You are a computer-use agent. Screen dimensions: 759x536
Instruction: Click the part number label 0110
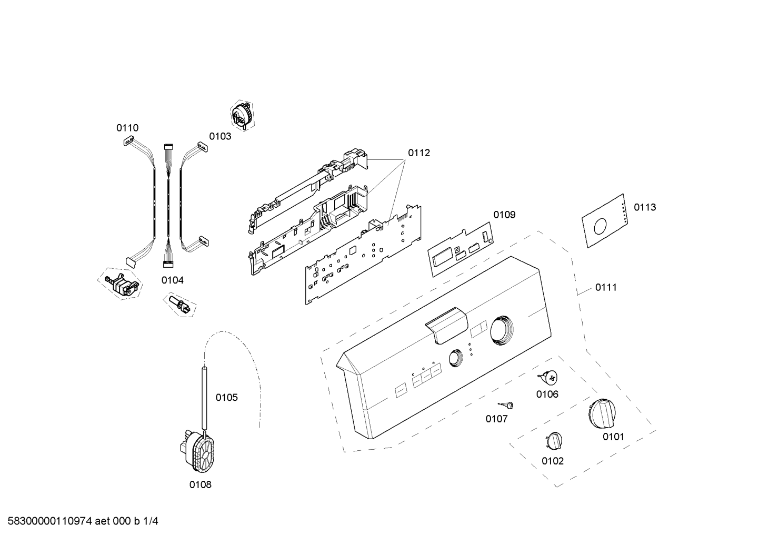pos(127,128)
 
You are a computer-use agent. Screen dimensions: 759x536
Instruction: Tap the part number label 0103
pos(220,136)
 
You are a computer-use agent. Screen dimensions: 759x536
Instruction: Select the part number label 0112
pos(419,153)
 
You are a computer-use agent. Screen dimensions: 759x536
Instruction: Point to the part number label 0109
pos(504,215)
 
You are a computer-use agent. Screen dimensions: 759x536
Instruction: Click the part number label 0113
pos(645,207)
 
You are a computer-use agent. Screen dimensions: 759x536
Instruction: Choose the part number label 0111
pos(606,288)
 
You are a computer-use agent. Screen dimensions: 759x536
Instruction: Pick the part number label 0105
pos(227,398)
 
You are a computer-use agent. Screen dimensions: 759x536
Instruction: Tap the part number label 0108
pos(200,485)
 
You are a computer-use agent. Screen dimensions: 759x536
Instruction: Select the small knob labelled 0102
pos(554,441)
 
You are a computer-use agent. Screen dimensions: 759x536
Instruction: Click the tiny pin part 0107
pos(506,404)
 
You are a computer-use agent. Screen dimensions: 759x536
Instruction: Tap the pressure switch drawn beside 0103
pos(242,116)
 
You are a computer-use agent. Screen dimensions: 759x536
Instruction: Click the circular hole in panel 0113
pos(601,226)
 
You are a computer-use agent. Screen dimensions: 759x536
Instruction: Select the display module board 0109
pos(461,249)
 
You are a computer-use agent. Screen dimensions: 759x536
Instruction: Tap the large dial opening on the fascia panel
pos(502,330)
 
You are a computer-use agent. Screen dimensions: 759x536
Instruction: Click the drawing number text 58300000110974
pos(50,521)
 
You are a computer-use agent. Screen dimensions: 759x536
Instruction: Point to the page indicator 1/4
pos(151,521)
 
